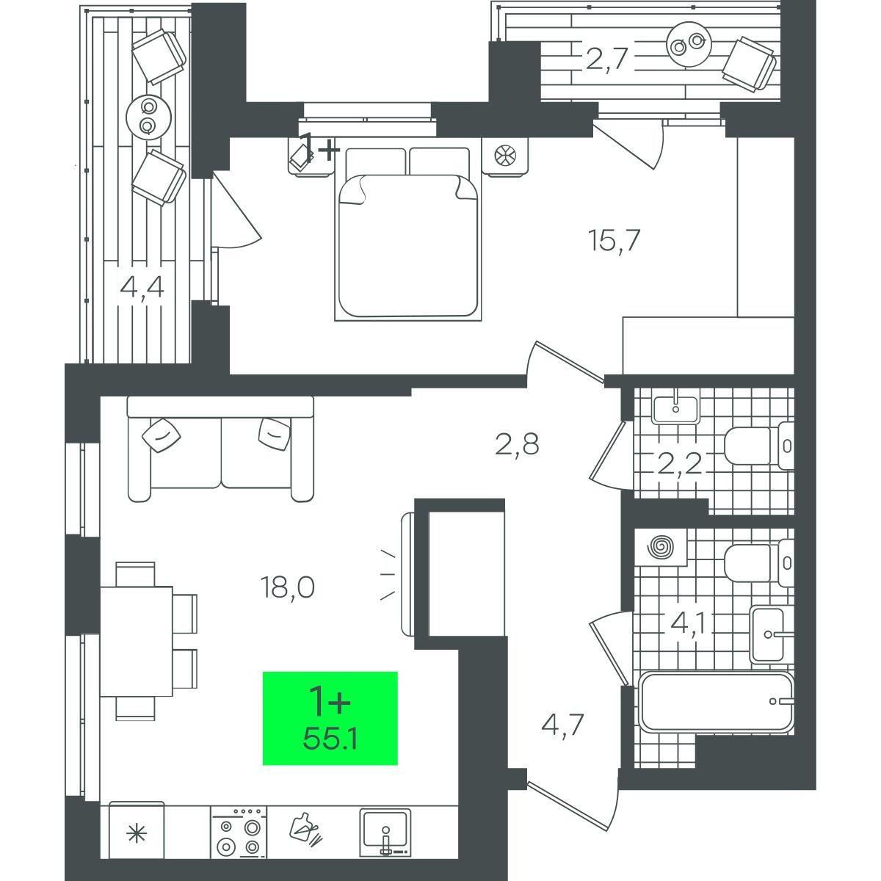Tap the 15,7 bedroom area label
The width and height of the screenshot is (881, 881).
click(x=614, y=241)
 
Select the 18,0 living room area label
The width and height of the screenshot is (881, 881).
click(x=288, y=587)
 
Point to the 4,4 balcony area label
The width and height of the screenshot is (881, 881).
click(x=142, y=289)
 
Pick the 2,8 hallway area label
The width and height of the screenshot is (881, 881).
click(x=517, y=444)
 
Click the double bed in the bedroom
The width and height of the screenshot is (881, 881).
click(x=408, y=233)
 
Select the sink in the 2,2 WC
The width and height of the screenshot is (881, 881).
click(x=675, y=409)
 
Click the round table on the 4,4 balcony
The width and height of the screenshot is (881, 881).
click(x=148, y=116)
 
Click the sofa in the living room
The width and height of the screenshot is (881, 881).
click(x=221, y=449)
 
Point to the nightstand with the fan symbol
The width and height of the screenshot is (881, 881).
click(x=505, y=157)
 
